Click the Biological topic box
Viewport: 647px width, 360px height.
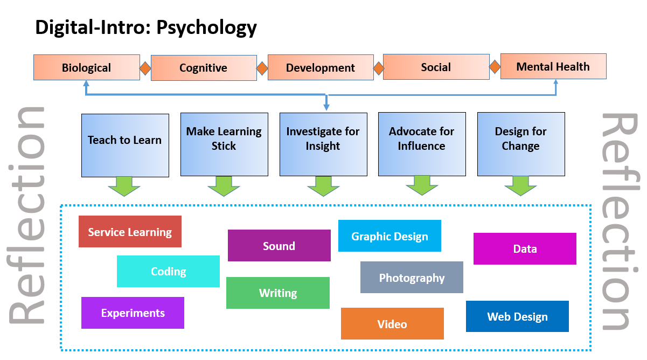(x=86, y=68)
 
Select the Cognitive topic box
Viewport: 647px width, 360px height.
(x=203, y=68)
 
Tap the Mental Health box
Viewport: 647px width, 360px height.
(x=553, y=67)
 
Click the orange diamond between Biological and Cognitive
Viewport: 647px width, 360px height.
(x=145, y=68)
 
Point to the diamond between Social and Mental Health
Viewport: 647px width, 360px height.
(x=495, y=67)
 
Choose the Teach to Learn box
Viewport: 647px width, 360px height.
(x=125, y=144)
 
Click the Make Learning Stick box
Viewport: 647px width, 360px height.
(x=224, y=144)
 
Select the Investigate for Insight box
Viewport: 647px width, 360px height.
(x=323, y=144)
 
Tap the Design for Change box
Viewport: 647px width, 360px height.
(x=521, y=144)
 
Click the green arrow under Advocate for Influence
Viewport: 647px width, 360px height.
(x=422, y=185)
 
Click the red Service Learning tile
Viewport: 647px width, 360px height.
(x=130, y=232)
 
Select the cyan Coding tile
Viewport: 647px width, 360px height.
(x=168, y=271)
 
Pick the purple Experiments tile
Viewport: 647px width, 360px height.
(x=133, y=313)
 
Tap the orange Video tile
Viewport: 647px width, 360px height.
(x=392, y=323)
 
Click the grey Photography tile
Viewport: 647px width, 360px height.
(x=412, y=278)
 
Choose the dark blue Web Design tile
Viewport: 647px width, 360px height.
(x=517, y=316)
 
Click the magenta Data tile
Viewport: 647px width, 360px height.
(x=525, y=248)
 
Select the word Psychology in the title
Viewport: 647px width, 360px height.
(x=206, y=27)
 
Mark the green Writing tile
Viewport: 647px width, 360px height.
(x=277, y=293)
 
